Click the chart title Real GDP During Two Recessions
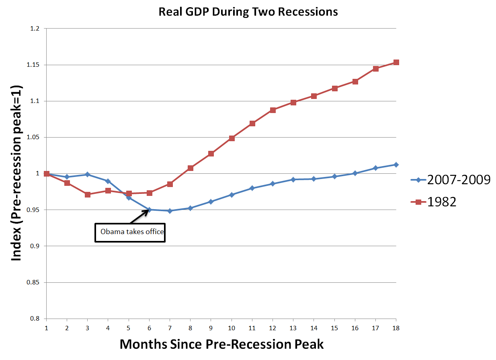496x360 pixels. point(248,12)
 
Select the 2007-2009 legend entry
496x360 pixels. point(450,180)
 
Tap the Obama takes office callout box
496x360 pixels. point(130,232)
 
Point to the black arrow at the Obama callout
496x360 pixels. point(139,216)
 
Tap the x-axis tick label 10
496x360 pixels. point(232,328)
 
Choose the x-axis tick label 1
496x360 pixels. point(47,328)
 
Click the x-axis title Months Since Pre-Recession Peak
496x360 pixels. point(221,344)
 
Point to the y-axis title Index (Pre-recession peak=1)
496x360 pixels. point(16,173)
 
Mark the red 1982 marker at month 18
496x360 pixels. point(396,62)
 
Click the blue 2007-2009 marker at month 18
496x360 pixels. point(396,165)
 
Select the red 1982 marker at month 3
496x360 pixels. point(88,194)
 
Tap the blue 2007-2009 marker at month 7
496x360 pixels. point(170,211)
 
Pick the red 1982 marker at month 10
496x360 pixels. point(232,138)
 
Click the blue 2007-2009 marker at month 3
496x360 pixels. point(88,175)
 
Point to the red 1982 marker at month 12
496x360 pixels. point(273,110)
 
